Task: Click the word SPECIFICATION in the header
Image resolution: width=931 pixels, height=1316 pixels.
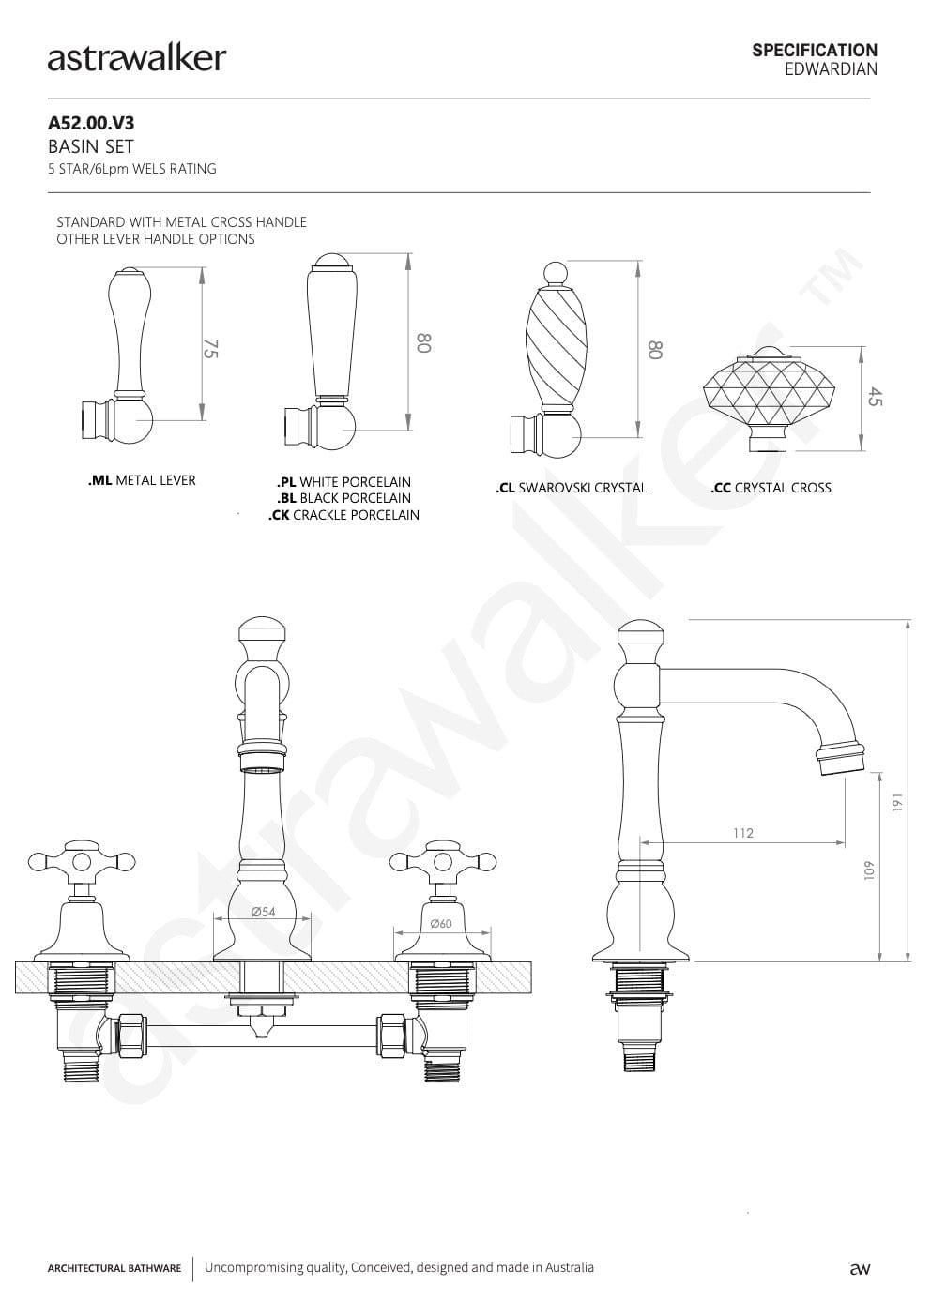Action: pyautogui.click(x=814, y=50)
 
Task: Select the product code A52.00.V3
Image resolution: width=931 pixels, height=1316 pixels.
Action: pyautogui.click(x=91, y=123)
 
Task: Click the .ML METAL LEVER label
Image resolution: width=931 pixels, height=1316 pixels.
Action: pyautogui.click(x=142, y=480)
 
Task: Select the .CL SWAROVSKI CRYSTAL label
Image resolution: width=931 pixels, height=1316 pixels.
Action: pyautogui.click(x=571, y=488)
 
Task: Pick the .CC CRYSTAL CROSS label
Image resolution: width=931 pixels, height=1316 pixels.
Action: pyautogui.click(x=771, y=488)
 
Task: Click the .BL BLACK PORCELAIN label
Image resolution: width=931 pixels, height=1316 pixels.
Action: pyautogui.click(x=343, y=498)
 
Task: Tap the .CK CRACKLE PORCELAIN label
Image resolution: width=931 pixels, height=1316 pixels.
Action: pyautogui.click(x=343, y=515)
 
